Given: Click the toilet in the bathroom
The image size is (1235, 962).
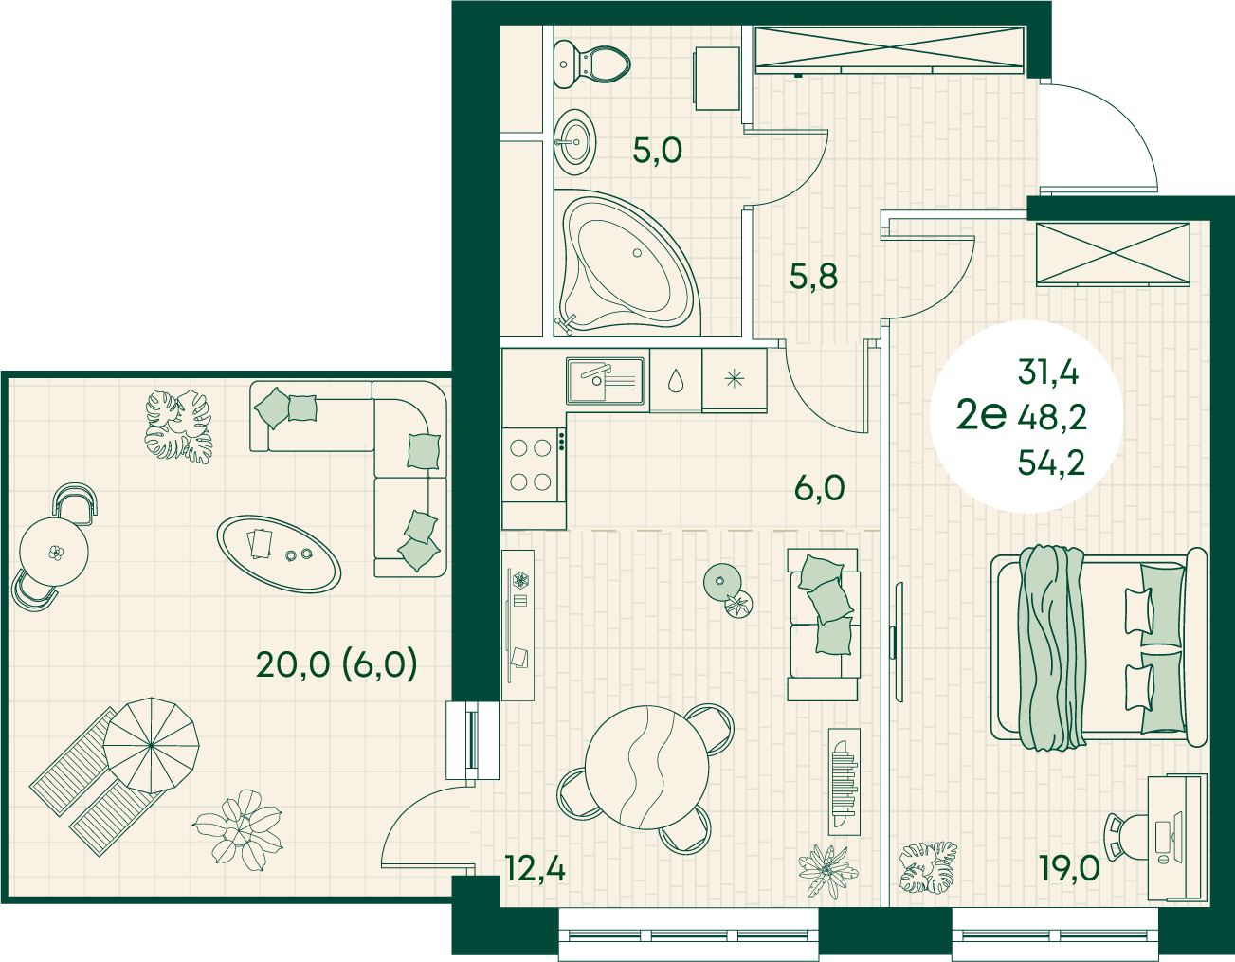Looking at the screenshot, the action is [591, 64].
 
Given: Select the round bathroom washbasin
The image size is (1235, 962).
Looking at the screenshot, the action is [575, 143].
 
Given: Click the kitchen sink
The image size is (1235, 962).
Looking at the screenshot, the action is [606, 381].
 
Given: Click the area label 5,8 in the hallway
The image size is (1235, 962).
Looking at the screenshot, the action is [813, 278].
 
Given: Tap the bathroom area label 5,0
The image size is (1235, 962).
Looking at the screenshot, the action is [657, 151].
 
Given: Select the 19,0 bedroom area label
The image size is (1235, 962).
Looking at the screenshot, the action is [1069, 867].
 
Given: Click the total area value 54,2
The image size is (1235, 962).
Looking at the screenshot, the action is [1051, 463].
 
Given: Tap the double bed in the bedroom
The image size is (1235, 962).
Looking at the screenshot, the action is [1098, 646].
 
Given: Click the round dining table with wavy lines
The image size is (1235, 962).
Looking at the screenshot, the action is [646, 767].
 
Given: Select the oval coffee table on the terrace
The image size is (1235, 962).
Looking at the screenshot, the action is [279, 554].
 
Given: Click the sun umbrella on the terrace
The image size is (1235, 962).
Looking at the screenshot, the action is [152, 746].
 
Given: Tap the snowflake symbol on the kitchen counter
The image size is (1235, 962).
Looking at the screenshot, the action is [735, 378].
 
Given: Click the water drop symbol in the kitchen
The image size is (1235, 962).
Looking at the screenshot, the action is [676, 380].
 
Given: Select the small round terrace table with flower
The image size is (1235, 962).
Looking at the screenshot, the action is [54, 552].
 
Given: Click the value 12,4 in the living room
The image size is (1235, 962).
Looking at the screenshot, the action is [536, 869].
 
